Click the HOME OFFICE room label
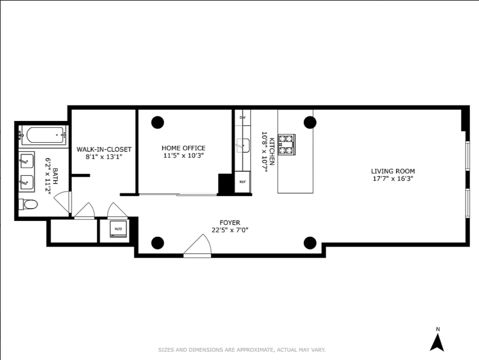pyautogui.click(x=183, y=148)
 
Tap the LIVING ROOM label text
pyautogui.click(x=393, y=171)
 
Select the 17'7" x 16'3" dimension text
pyautogui.click(x=393, y=179)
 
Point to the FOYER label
pyautogui.click(x=230, y=223)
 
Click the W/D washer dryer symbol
pyautogui.click(x=118, y=229)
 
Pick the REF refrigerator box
pyautogui.click(x=242, y=182)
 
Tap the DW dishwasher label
pyautogui.click(x=242, y=117)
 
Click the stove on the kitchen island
pyautogui.click(x=286, y=145)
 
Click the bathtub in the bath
pyautogui.click(x=45, y=135)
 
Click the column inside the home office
pyautogui.click(x=158, y=122)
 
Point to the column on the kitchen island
pyautogui.click(x=310, y=122)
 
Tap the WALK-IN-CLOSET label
pyautogui.click(x=104, y=149)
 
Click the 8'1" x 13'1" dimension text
pyautogui.click(x=104, y=157)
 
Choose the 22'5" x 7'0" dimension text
pyautogui.click(x=230, y=230)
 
